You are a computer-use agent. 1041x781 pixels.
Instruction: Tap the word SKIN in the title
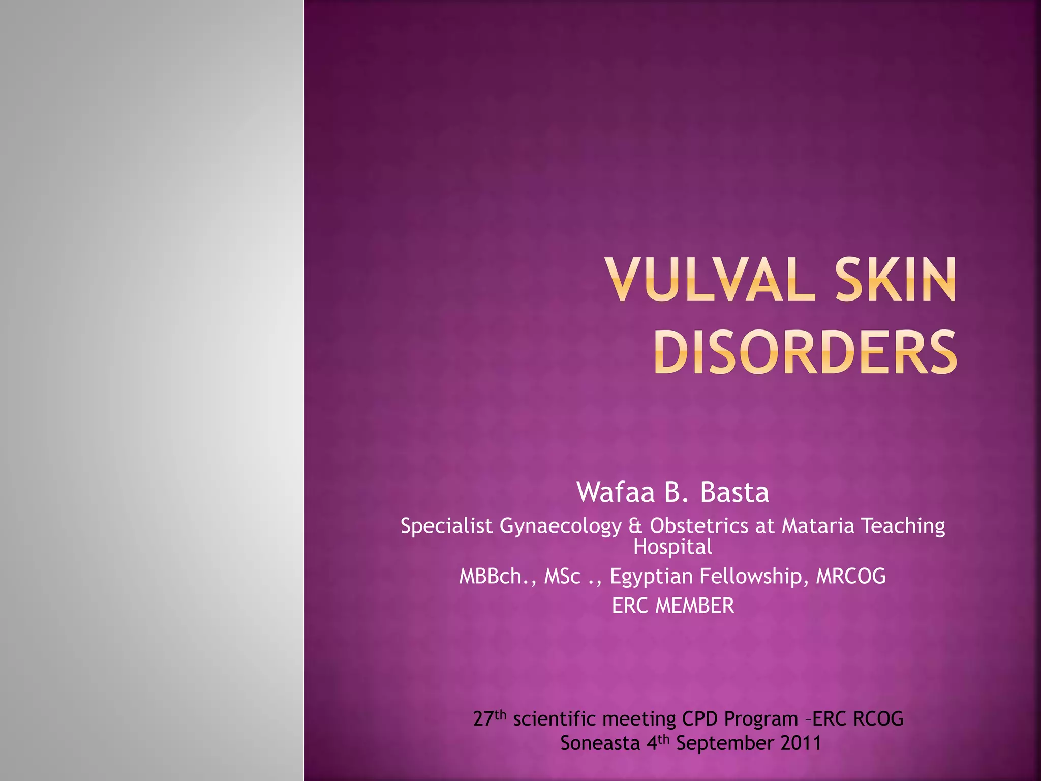[896, 280]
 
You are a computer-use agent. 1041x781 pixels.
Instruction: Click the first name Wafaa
[616, 492]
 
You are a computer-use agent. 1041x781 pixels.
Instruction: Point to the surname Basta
[734, 492]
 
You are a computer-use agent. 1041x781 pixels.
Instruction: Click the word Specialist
[446, 526]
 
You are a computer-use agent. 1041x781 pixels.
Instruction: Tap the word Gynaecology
[561, 526]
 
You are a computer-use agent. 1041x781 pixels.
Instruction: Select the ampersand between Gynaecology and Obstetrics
[635, 526]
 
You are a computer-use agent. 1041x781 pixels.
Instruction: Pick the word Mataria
[818, 526]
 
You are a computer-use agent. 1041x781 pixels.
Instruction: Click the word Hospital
[672, 547]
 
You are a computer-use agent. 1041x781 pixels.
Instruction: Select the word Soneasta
[600, 743]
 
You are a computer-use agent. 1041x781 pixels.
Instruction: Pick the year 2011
[801, 743]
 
